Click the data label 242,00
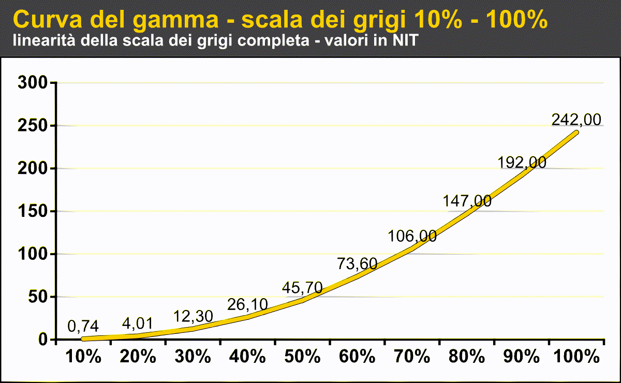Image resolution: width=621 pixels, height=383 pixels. [x=576, y=120]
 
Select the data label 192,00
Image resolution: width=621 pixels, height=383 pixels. [x=522, y=162]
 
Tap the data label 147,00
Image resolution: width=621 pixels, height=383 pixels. [x=467, y=200]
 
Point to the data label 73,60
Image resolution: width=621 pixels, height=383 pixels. [x=357, y=263]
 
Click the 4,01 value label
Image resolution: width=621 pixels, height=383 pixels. [x=138, y=323]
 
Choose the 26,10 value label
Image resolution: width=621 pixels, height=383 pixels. [x=247, y=305]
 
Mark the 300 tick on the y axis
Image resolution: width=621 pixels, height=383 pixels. [x=33, y=82]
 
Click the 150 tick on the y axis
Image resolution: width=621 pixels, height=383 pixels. [x=33, y=211]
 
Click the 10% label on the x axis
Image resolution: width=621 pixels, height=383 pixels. [x=83, y=357]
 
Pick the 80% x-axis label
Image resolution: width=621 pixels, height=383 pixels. [x=467, y=357]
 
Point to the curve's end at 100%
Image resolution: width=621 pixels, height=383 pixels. [x=576, y=132]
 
